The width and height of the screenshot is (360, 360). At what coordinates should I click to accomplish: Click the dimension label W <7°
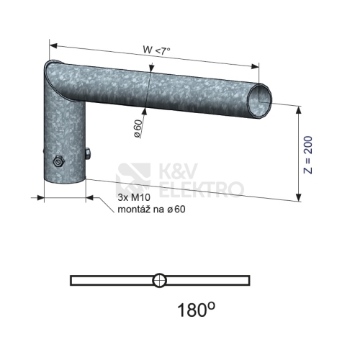pos(156,50)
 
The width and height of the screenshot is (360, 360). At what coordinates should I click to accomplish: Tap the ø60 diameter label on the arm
pos(138,128)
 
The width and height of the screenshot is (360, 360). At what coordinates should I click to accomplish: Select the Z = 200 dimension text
pos(308,155)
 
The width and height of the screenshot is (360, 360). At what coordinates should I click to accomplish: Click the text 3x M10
pos(134,197)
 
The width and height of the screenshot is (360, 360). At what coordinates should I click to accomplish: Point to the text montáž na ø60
pos(151,210)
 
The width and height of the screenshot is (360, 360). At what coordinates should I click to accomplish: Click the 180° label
pos(196,310)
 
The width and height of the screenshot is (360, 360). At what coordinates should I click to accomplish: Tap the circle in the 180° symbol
pos(159,280)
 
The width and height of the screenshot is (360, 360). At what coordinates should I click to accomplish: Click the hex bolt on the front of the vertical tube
pos(58,162)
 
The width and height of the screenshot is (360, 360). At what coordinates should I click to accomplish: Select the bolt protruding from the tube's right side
pos(88,153)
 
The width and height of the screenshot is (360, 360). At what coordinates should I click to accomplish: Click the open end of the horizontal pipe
pos(261,101)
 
